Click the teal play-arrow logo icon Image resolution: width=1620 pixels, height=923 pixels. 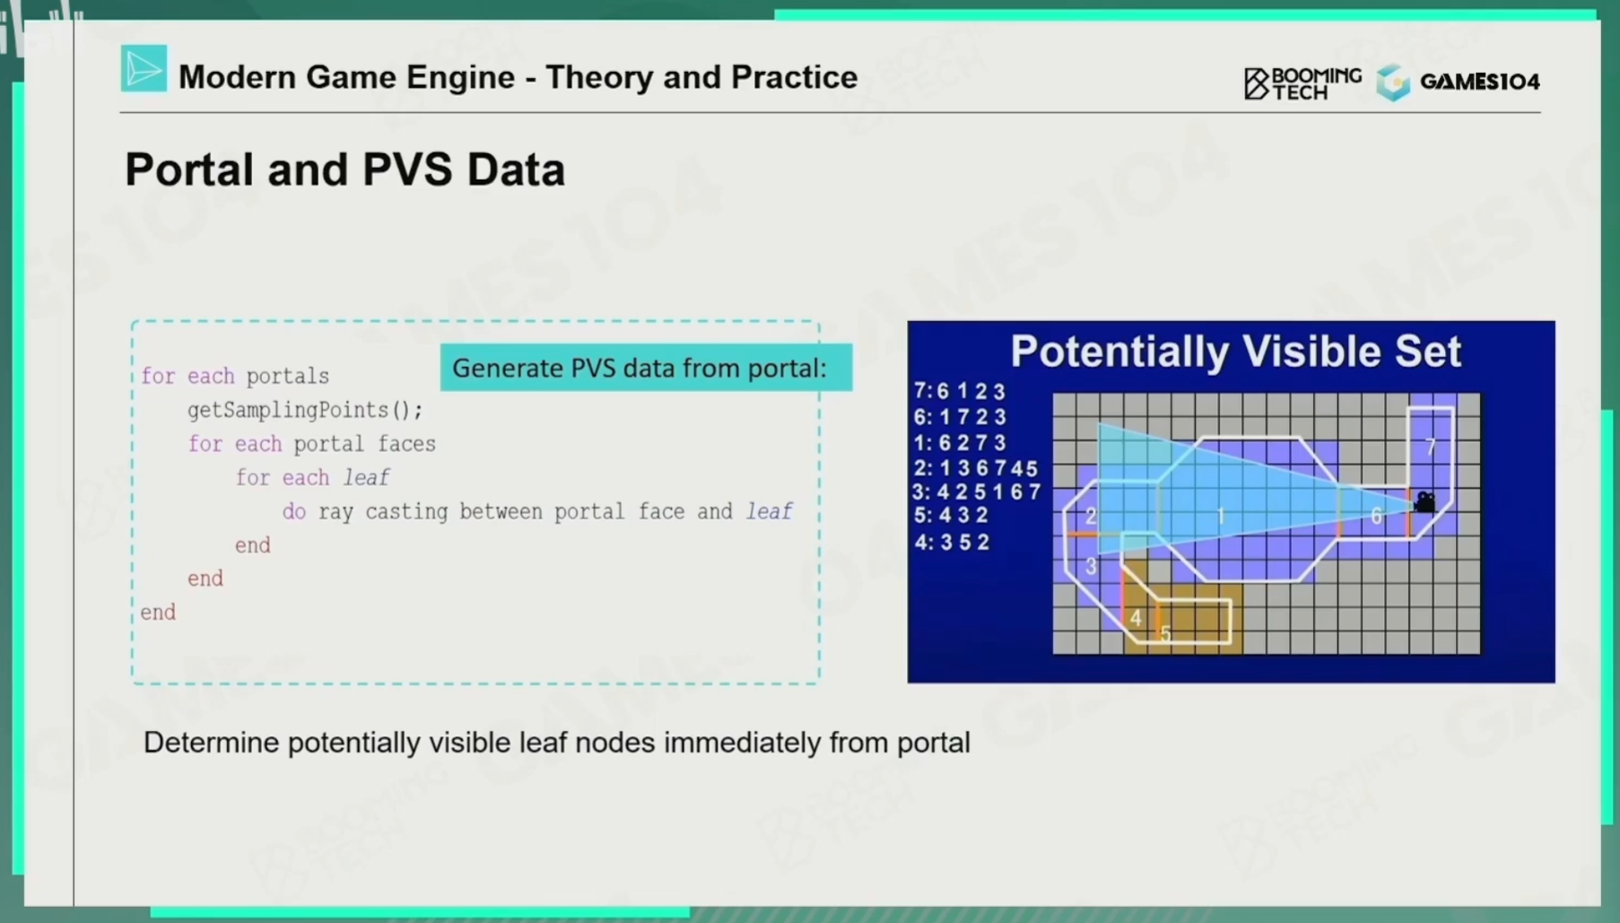(x=144, y=68)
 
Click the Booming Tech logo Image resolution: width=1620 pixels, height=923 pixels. (x=1302, y=83)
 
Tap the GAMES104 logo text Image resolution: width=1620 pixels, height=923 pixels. (x=1480, y=82)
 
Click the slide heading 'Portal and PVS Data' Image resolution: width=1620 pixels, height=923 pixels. (x=345, y=170)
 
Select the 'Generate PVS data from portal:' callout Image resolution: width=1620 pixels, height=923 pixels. (x=646, y=368)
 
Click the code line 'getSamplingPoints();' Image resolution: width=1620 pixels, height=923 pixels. (x=305, y=410)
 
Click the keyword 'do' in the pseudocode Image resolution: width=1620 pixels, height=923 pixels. (x=294, y=512)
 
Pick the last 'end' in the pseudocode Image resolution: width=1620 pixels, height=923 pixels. (x=158, y=613)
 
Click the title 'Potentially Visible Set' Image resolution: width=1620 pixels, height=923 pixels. (x=1235, y=352)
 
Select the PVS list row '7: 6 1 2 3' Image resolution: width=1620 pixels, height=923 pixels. (x=960, y=391)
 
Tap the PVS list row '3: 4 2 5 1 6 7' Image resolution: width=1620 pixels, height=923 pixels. (x=976, y=492)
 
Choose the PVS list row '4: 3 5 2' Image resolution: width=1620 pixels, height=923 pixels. (x=952, y=542)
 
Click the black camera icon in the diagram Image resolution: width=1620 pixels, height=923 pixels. (x=1424, y=501)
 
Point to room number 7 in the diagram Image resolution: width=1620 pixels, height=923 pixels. (x=1431, y=447)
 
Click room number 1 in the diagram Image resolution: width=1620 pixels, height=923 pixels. (x=1221, y=516)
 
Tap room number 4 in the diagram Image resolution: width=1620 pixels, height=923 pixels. (x=1136, y=618)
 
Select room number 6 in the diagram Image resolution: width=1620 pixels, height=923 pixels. (x=1376, y=516)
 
